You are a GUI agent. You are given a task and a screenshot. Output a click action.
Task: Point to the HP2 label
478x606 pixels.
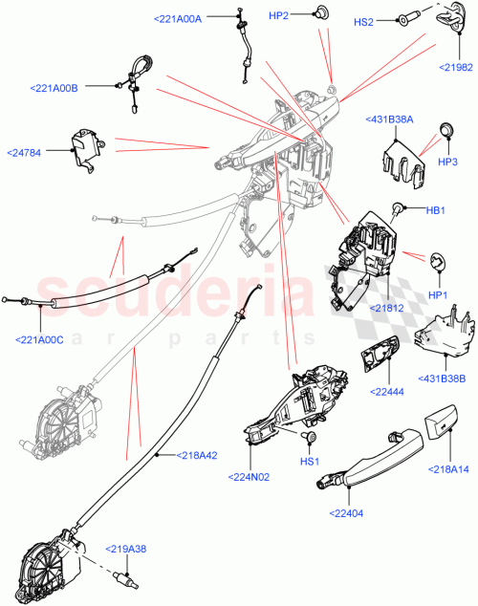point(280,16)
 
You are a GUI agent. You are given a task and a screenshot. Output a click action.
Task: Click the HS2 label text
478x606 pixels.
point(364,22)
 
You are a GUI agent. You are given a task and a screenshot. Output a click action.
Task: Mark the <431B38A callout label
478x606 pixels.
point(388,119)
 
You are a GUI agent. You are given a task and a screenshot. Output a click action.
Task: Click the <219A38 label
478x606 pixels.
point(127,548)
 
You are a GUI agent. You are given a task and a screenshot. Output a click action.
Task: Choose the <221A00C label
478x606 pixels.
point(39,337)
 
